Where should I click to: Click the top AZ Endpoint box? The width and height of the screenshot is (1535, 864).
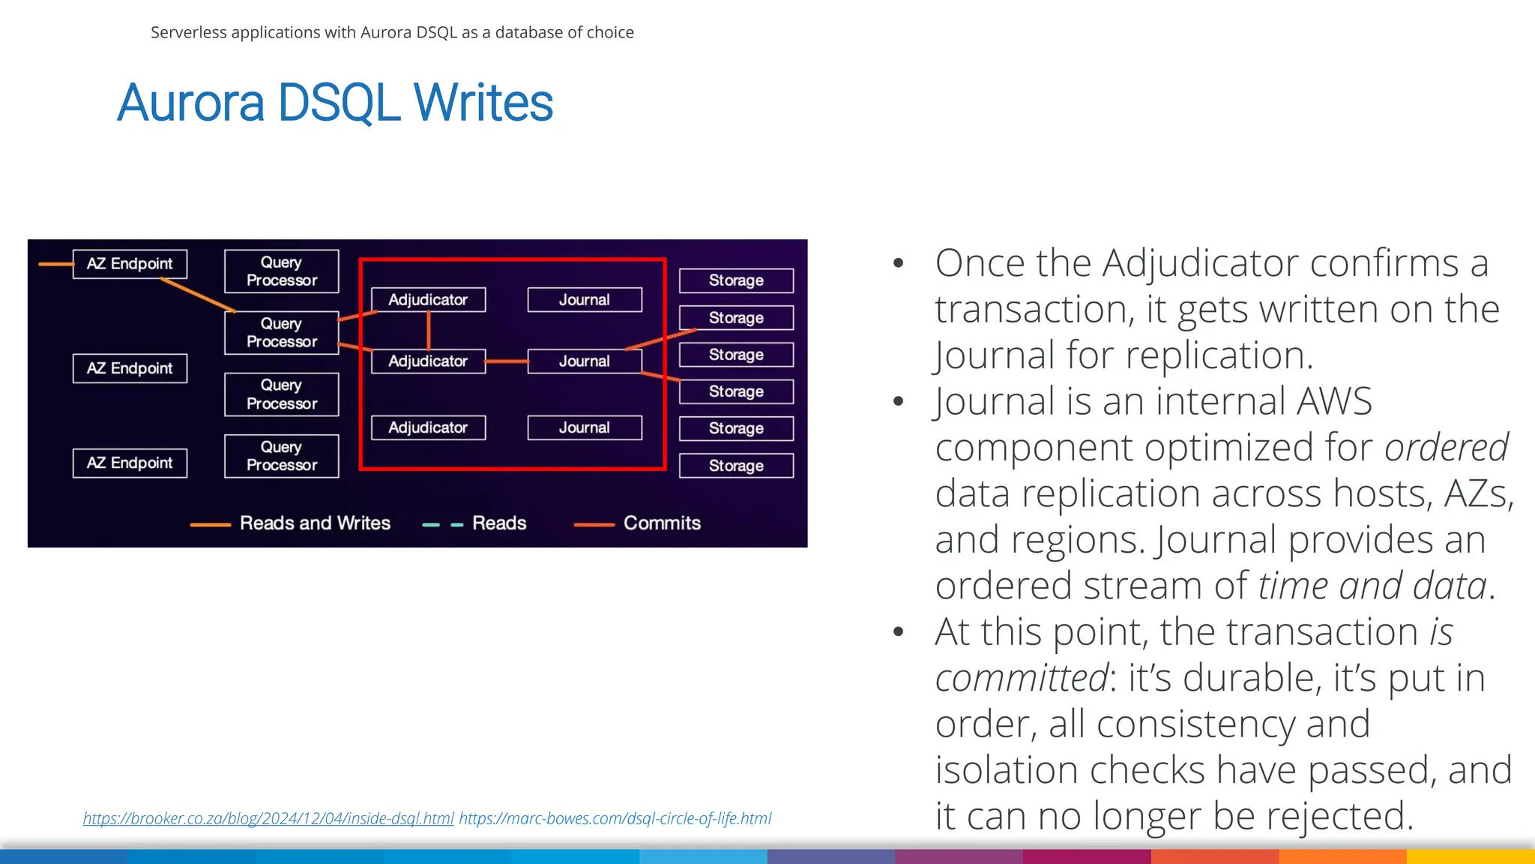[x=130, y=264]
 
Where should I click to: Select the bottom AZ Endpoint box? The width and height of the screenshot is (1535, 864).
[x=130, y=463]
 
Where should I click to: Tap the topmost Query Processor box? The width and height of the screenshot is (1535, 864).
[x=282, y=271]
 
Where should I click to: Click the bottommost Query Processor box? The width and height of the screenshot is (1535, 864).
[x=282, y=456]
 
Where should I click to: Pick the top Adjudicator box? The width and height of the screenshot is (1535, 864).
[x=428, y=300]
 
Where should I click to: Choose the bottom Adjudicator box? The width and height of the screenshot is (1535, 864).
[x=428, y=427]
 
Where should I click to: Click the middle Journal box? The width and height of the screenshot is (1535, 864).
[x=585, y=361]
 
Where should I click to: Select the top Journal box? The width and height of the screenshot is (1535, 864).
[x=585, y=300]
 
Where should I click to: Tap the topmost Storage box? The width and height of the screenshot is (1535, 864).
[x=736, y=280]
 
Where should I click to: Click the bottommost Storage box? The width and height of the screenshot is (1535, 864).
[x=736, y=466]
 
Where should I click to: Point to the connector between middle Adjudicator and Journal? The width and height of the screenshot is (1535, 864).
[x=507, y=361]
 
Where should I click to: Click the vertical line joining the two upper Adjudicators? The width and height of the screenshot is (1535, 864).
[x=429, y=330]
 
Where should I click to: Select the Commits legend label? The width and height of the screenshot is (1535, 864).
[x=662, y=523]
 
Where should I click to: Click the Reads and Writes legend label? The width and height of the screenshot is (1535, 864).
[x=315, y=523]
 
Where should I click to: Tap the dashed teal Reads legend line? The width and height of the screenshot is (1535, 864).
[x=443, y=525]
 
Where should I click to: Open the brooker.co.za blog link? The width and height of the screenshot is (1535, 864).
[x=268, y=818]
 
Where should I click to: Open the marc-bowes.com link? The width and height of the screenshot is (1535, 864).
[x=615, y=818]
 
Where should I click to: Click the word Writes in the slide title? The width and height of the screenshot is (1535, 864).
[x=483, y=103]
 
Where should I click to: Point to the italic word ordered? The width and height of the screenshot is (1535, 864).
[x=1446, y=448]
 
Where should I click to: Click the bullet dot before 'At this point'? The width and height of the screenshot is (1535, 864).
[x=899, y=632]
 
